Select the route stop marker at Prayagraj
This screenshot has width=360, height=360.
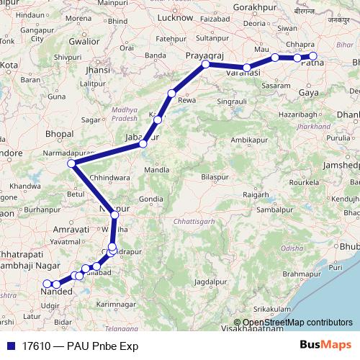[x=205, y=64]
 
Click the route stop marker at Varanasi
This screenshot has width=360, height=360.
[x=246, y=68]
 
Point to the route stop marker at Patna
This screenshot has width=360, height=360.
[x=312, y=55]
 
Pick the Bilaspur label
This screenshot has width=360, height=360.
[x=215, y=176]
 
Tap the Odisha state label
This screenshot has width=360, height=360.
[x=292, y=248]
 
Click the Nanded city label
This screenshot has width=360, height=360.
[x=57, y=292]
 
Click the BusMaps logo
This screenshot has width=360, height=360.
[x=325, y=344]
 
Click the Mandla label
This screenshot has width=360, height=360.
[x=157, y=170]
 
